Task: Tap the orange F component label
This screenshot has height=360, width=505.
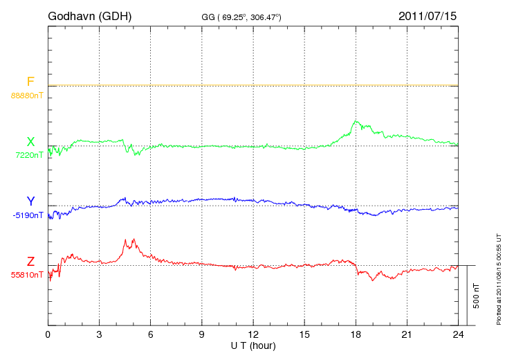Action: click(30, 82)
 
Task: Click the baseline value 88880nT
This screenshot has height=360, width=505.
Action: click(26, 96)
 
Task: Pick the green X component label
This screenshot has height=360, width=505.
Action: click(30, 142)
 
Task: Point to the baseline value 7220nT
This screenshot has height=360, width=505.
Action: click(28, 155)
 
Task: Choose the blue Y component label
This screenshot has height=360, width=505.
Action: click(30, 201)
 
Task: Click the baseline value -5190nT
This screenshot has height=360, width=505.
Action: click(27, 215)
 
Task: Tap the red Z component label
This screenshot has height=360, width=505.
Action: click(30, 262)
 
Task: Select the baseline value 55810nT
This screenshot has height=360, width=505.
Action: click(26, 275)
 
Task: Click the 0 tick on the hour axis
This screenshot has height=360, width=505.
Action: click(48, 334)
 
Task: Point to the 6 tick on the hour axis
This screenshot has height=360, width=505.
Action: click(151, 334)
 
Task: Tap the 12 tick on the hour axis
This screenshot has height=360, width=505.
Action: click(253, 334)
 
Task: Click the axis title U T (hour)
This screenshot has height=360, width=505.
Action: click(253, 345)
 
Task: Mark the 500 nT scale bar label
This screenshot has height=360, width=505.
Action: click(477, 295)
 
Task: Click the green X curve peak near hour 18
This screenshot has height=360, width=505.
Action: click(356, 121)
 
